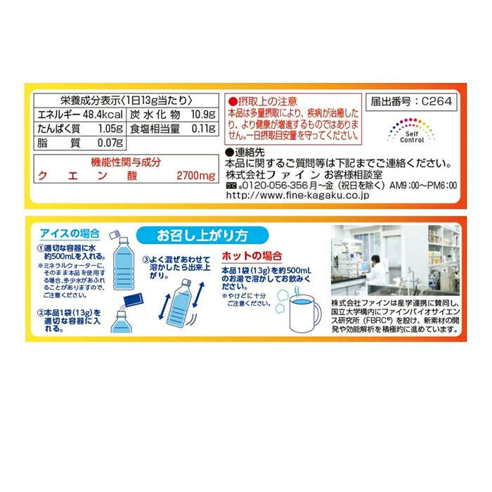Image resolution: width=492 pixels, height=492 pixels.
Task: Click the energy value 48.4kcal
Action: tap(103, 115)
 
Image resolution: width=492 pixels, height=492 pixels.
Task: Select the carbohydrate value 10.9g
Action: tap(203, 115)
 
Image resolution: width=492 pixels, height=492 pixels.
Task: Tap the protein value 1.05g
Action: tap(110, 129)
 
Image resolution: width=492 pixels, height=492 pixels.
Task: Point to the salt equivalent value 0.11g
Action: tap(204, 129)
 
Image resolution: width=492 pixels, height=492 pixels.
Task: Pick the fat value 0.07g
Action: tap(110, 143)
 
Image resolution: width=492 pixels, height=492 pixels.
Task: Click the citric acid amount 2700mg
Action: tap(196, 176)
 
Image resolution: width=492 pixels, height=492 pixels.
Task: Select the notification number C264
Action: tap(436, 101)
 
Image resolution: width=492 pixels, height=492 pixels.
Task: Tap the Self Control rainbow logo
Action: tap(411, 131)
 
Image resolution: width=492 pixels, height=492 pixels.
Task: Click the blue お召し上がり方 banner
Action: tap(202, 235)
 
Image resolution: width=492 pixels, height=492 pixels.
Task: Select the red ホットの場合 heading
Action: tap(252, 256)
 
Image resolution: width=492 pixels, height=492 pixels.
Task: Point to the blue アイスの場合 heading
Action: tap(70, 233)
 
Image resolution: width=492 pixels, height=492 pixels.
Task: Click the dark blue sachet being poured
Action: tap(134, 299)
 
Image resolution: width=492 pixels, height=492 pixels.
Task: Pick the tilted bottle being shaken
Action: tap(179, 304)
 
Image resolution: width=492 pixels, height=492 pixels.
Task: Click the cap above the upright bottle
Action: tap(115, 234)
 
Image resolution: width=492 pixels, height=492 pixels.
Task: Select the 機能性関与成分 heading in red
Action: tap(126, 162)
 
